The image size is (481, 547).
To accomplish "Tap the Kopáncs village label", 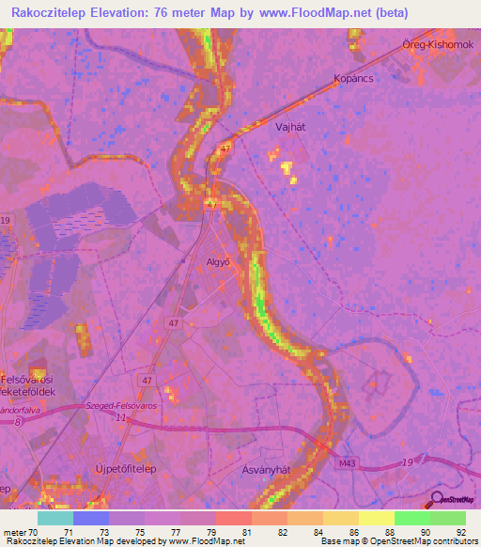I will pos(354,79).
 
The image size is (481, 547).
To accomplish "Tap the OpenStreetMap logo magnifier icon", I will pos(437,499).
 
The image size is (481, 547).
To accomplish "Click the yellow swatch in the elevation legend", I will pos(376,518).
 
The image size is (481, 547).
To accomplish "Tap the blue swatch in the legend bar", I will pos(90,518).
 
